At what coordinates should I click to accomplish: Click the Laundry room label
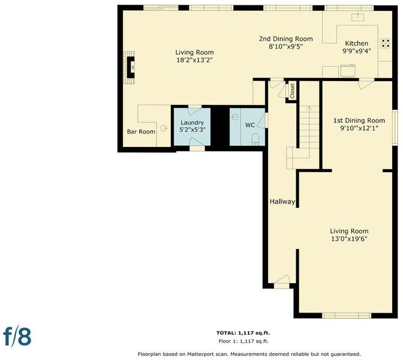pyautogui.click(x=192, y=122)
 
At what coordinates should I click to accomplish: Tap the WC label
pyautogui.click(x=250, y=125)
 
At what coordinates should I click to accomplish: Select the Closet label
pyautogui.click(x=292, y=91)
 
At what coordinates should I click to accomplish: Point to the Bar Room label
pyautogui.click(x=141, y=131)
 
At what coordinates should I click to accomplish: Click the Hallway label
pyautogui.click(x=282, y=202)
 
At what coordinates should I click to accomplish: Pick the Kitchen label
pyautogui.click(x=356, y=43)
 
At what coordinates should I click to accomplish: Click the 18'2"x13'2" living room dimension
pyautogui.click(x=194, y=60)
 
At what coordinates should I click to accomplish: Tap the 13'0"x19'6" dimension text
pyautogui.click(x=349, y=239)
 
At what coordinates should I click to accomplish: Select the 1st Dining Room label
pyautogui.click(x=359, y=121)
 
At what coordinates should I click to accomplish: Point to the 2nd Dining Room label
pyautogui.click(x=286, y=39)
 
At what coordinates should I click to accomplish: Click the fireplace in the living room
pyautogui.click(x=130, y=68)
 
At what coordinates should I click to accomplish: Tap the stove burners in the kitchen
pyautogui.click(x=385, y=43)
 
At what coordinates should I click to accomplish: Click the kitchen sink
pyautogui.click(x=358, y=17)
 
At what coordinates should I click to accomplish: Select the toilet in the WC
pyautogui.click(x=255, y=139)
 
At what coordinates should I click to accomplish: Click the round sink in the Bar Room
pyautogui.click(x=163, y=128)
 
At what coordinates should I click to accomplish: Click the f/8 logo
pyautogui.click(x=17, y=336)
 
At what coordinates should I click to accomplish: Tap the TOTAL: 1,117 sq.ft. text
pyautogui.click(x=243, y=333)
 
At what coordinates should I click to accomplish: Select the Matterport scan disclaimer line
pyautogui.click(x=249, y=354)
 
